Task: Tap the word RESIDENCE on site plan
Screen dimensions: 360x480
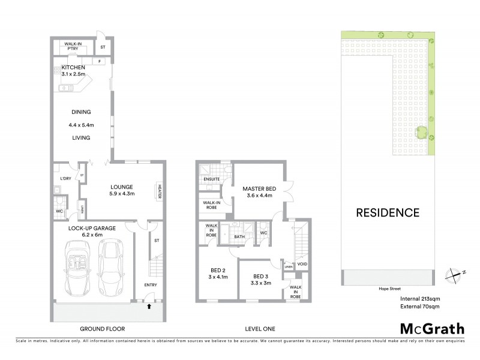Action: (x=388, y=212)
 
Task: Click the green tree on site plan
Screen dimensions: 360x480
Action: (x=422, y=133)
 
